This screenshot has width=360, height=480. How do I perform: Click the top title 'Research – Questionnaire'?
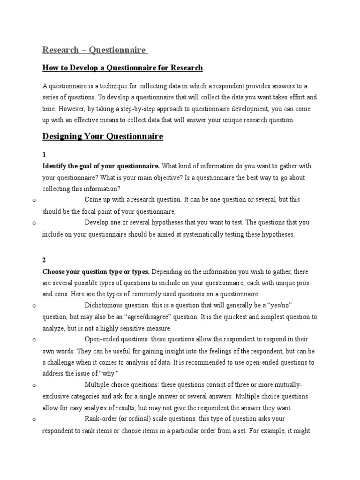(95, 50)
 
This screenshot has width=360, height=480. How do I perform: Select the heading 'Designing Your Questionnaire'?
(103, 136)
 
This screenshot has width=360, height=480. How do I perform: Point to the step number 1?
(45, 154)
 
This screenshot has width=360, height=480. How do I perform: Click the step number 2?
(45, 260)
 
